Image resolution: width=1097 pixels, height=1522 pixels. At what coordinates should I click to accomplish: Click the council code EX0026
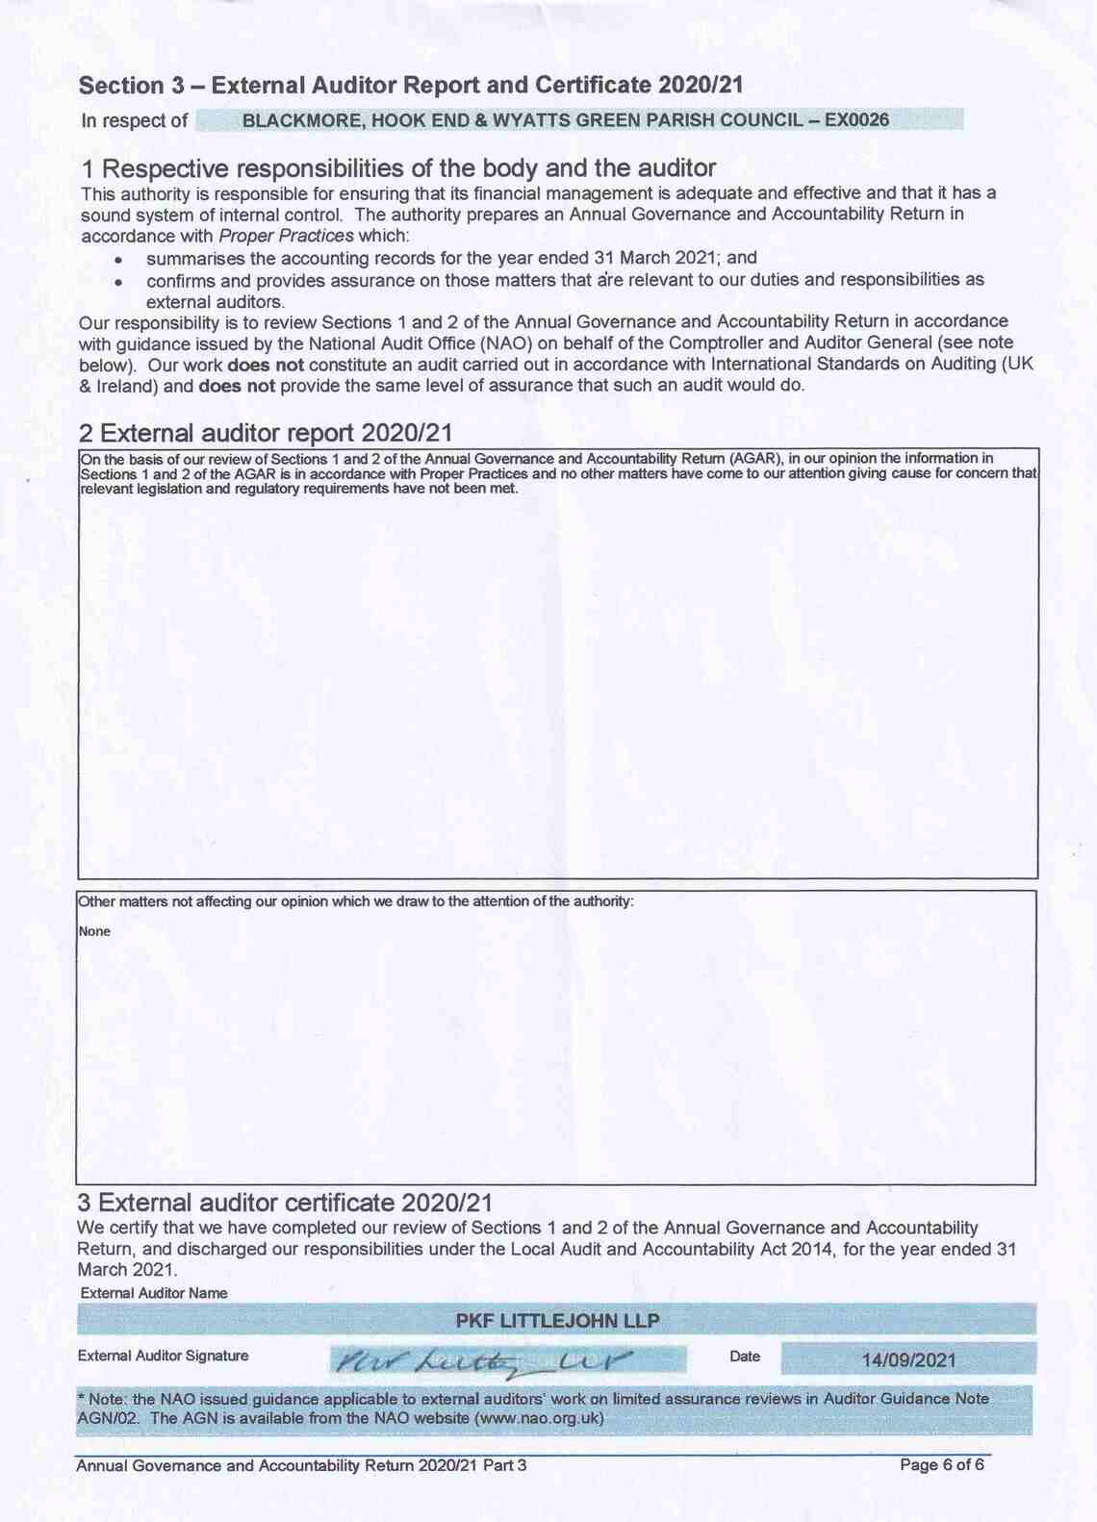tap(856, 120)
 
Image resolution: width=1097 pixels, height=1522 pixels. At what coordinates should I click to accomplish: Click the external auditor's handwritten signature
tap(481, 1360)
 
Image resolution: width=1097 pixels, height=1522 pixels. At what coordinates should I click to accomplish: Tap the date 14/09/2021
tap(908, 1360)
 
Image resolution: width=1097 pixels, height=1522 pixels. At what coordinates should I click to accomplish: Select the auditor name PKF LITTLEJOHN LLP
tap(557, 1321)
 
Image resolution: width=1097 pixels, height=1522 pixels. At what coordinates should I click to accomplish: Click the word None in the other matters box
tap(94, 931)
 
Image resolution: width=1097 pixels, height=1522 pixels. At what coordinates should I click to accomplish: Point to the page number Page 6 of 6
tap(941, 1465)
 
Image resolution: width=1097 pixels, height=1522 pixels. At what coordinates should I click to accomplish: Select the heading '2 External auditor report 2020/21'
tap(266, 433)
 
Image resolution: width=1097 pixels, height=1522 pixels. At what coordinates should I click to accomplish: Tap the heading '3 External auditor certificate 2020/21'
tap(285, 1203)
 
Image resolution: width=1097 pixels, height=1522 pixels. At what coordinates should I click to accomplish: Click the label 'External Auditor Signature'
tap(163, 1356)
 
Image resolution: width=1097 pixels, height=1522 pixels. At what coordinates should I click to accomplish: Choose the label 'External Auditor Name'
tap(154, 1293)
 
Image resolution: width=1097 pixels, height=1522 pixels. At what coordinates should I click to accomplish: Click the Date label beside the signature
tap(745, 1357)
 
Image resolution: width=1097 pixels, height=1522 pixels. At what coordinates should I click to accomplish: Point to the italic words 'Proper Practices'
tap(286, 236)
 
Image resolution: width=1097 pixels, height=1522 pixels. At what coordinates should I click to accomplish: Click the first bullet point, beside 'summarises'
tap(117, 260)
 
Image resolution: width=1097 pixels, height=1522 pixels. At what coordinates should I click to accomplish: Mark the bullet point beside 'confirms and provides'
tap(117, 283)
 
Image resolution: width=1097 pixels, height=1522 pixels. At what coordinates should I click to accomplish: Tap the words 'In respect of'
tap(135, 121)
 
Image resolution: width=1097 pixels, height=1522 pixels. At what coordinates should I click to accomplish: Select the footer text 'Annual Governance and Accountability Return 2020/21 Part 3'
tap(301, 1465)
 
